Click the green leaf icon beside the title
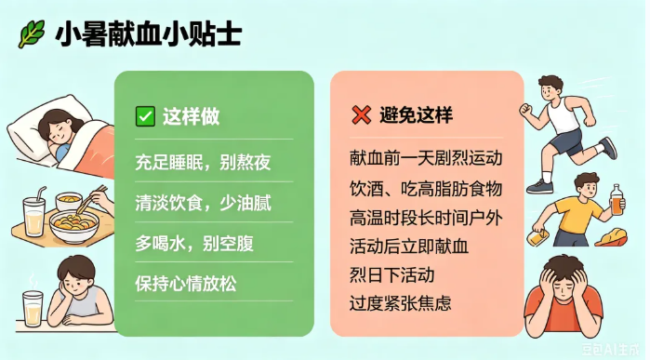(31, 33)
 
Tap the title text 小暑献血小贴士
(148, 33)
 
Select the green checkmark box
(145, 116)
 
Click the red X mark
(361, 115)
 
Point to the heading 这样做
(191, 116)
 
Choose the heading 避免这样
(416, 115)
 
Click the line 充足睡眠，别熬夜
(203, 162)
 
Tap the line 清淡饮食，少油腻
(203, 203)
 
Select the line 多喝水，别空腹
(194, 244)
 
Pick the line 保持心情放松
(186, 284)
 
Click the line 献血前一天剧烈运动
(426, 158)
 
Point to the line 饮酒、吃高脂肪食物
(426, 189)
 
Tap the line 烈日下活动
(391, 275)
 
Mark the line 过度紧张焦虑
(400, 303)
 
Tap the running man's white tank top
(562, 114)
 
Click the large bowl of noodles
(74, 226)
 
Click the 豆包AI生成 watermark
(609, 349)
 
